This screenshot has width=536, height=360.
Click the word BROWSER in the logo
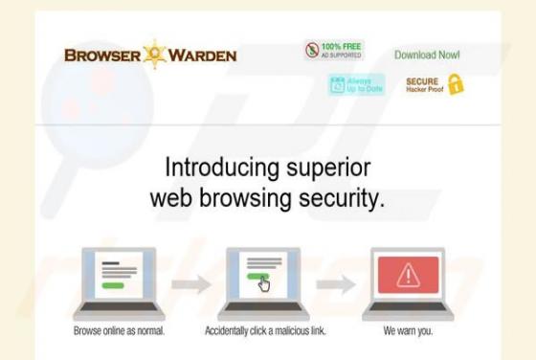tap(101, 55)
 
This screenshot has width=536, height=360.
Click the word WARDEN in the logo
tap(203, 55)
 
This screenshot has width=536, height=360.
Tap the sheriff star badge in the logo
tap(154, 54)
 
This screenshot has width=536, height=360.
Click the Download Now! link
tap(427, 55)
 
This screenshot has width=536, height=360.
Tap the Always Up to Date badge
tap(356, 85)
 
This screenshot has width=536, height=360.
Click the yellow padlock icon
tap(456, 84)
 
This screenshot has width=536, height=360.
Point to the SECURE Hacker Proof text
tap(421, 84)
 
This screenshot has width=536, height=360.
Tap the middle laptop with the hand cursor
tap(260, 281)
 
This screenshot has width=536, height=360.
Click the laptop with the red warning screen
tap(409, 281)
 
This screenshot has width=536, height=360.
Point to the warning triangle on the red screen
tap(409, 276)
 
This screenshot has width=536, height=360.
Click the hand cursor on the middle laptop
tap(264, 284)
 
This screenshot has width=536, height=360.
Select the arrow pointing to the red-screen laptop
tap(335, 283)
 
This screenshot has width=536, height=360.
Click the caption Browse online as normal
tap(120, 331)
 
